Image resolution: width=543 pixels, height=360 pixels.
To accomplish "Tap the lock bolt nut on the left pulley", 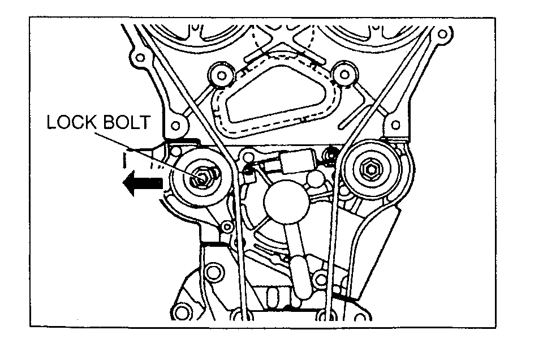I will (201, 179).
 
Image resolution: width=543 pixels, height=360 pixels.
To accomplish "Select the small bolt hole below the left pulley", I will (227, 228).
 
